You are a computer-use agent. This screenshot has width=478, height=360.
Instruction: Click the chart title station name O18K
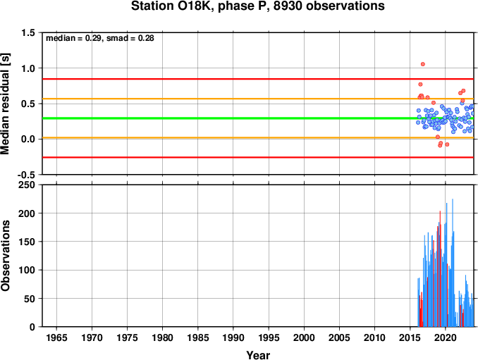(x=190, y=6)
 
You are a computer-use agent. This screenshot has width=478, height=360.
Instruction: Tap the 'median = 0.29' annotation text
(x=73, y=38)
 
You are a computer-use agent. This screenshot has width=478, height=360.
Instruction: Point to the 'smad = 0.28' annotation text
(x=130, y=38)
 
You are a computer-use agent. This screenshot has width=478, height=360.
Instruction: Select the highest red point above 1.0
(x=423, y=64)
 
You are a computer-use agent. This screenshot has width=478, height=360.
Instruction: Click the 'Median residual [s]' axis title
(x=5, y=104)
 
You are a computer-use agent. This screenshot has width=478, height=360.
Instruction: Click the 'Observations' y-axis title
(x=5, y=256)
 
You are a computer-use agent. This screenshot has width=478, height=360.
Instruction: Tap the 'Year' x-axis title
(x=258, y=355)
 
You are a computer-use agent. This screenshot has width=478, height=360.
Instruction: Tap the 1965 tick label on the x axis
(x=56, y=337)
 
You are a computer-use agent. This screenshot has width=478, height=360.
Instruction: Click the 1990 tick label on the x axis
(x=233, y=337)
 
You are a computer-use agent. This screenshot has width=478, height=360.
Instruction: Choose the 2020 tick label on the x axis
(x=446, y=337)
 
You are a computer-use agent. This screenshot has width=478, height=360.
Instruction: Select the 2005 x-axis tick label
(x=339, y=337)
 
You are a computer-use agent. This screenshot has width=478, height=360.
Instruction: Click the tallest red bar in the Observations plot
(x=440, y=268)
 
